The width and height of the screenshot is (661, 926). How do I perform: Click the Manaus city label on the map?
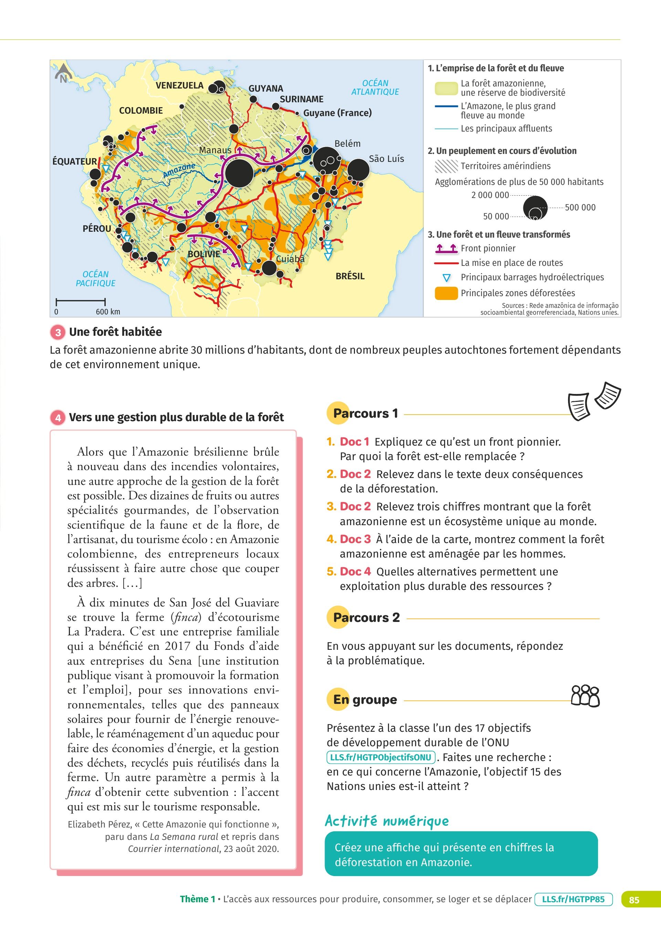[x=215, y=150]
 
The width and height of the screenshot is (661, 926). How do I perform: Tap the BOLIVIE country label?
[x=203, y=254]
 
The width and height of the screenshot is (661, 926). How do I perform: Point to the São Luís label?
[x=386, y=159]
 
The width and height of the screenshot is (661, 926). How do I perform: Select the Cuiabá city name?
[x=290, y=259]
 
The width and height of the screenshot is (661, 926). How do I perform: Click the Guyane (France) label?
[x=337, y=113]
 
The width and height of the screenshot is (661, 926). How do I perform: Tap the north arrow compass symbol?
[x=63, y=75]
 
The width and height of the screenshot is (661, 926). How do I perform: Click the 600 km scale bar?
[x=81, y=302]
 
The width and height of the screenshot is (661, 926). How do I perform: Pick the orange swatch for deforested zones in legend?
[x=446, y=293]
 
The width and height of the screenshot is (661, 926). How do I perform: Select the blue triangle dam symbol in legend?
[x=447, y=278]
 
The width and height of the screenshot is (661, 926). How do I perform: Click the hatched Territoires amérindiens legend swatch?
[x=446, y=166]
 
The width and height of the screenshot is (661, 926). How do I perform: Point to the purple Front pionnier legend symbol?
[x=446, y=248]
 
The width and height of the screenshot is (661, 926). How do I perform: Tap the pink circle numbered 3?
[x=58, y=332]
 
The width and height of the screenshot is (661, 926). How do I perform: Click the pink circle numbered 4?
[x=58, y=418]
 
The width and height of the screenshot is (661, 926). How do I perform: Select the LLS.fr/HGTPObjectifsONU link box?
[x=380, y=757]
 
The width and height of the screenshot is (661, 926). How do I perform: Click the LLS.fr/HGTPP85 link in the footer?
[x=574, y=899]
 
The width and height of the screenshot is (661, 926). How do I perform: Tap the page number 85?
[x=634, y=899]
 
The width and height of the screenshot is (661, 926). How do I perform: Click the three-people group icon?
[x=585, y=696]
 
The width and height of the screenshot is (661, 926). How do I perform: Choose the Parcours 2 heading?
[x=366, y=617]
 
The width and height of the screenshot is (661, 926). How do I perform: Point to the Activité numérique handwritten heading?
[x=387, y=821]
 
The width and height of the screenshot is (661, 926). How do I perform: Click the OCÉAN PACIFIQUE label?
[x=96, y=279]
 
